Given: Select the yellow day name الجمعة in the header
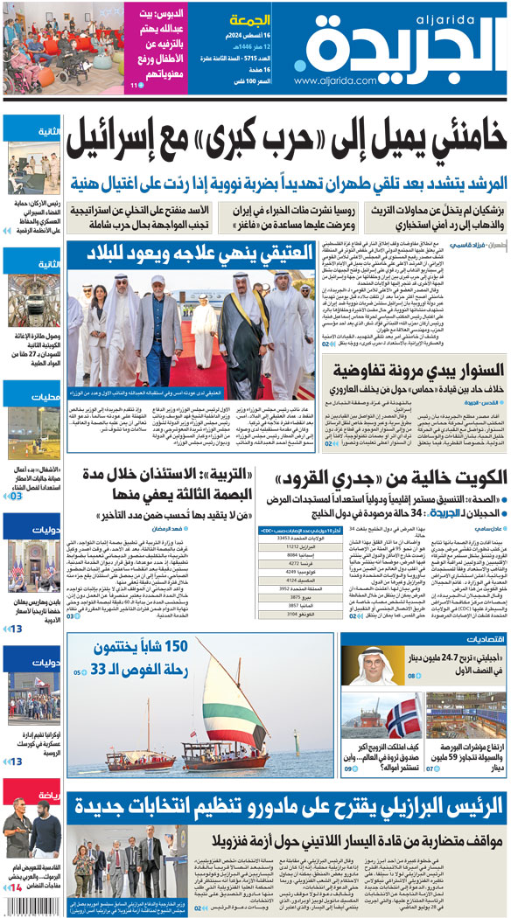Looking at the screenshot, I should coord(248,20).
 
